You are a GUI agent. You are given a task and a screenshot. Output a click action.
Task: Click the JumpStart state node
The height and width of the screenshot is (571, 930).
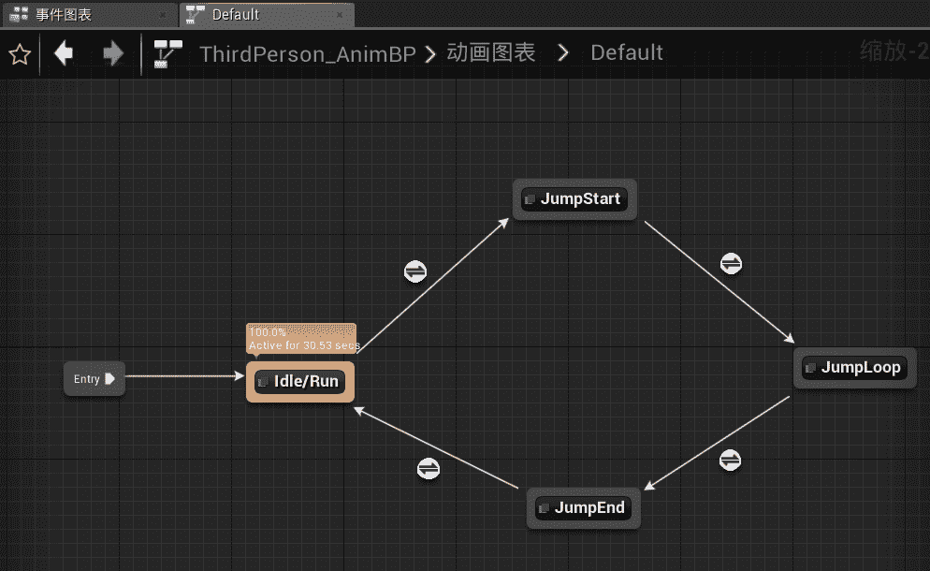tap(575, 199)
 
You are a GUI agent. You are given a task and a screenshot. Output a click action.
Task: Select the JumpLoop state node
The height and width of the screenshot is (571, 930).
tap(855, 368)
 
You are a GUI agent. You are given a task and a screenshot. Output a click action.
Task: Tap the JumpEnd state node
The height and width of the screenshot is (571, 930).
tap(584, 508)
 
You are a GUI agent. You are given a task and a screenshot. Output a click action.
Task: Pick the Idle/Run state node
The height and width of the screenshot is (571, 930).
tap(300, 382)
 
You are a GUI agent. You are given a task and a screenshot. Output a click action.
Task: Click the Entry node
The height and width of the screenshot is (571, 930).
tap(94, 379)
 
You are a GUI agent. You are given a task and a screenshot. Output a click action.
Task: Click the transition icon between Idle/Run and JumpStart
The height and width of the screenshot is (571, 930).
tap(415, 271)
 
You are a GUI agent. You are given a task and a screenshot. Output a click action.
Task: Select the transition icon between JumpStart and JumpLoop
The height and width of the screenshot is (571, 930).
tap(732, 263)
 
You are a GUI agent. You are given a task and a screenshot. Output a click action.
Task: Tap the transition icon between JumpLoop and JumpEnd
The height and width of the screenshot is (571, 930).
tap(730, 460)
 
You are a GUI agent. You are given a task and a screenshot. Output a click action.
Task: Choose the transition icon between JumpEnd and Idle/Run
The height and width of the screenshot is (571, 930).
tap(428, 467)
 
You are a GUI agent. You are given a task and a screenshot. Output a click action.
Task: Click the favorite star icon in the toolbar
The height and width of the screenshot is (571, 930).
tap(19, 54)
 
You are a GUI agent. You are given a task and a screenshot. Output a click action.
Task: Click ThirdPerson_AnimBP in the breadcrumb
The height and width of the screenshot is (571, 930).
tap(308, 53)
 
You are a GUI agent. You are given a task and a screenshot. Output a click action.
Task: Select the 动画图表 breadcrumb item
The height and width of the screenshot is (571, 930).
tap(491, 53)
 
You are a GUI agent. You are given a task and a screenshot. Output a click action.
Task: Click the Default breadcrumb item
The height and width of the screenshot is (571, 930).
tap(627, 53)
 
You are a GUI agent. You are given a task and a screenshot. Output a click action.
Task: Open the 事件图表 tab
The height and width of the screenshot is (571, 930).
tap(64, 15)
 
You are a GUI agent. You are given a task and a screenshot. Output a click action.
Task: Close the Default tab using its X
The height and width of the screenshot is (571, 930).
tap(339, 15)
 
